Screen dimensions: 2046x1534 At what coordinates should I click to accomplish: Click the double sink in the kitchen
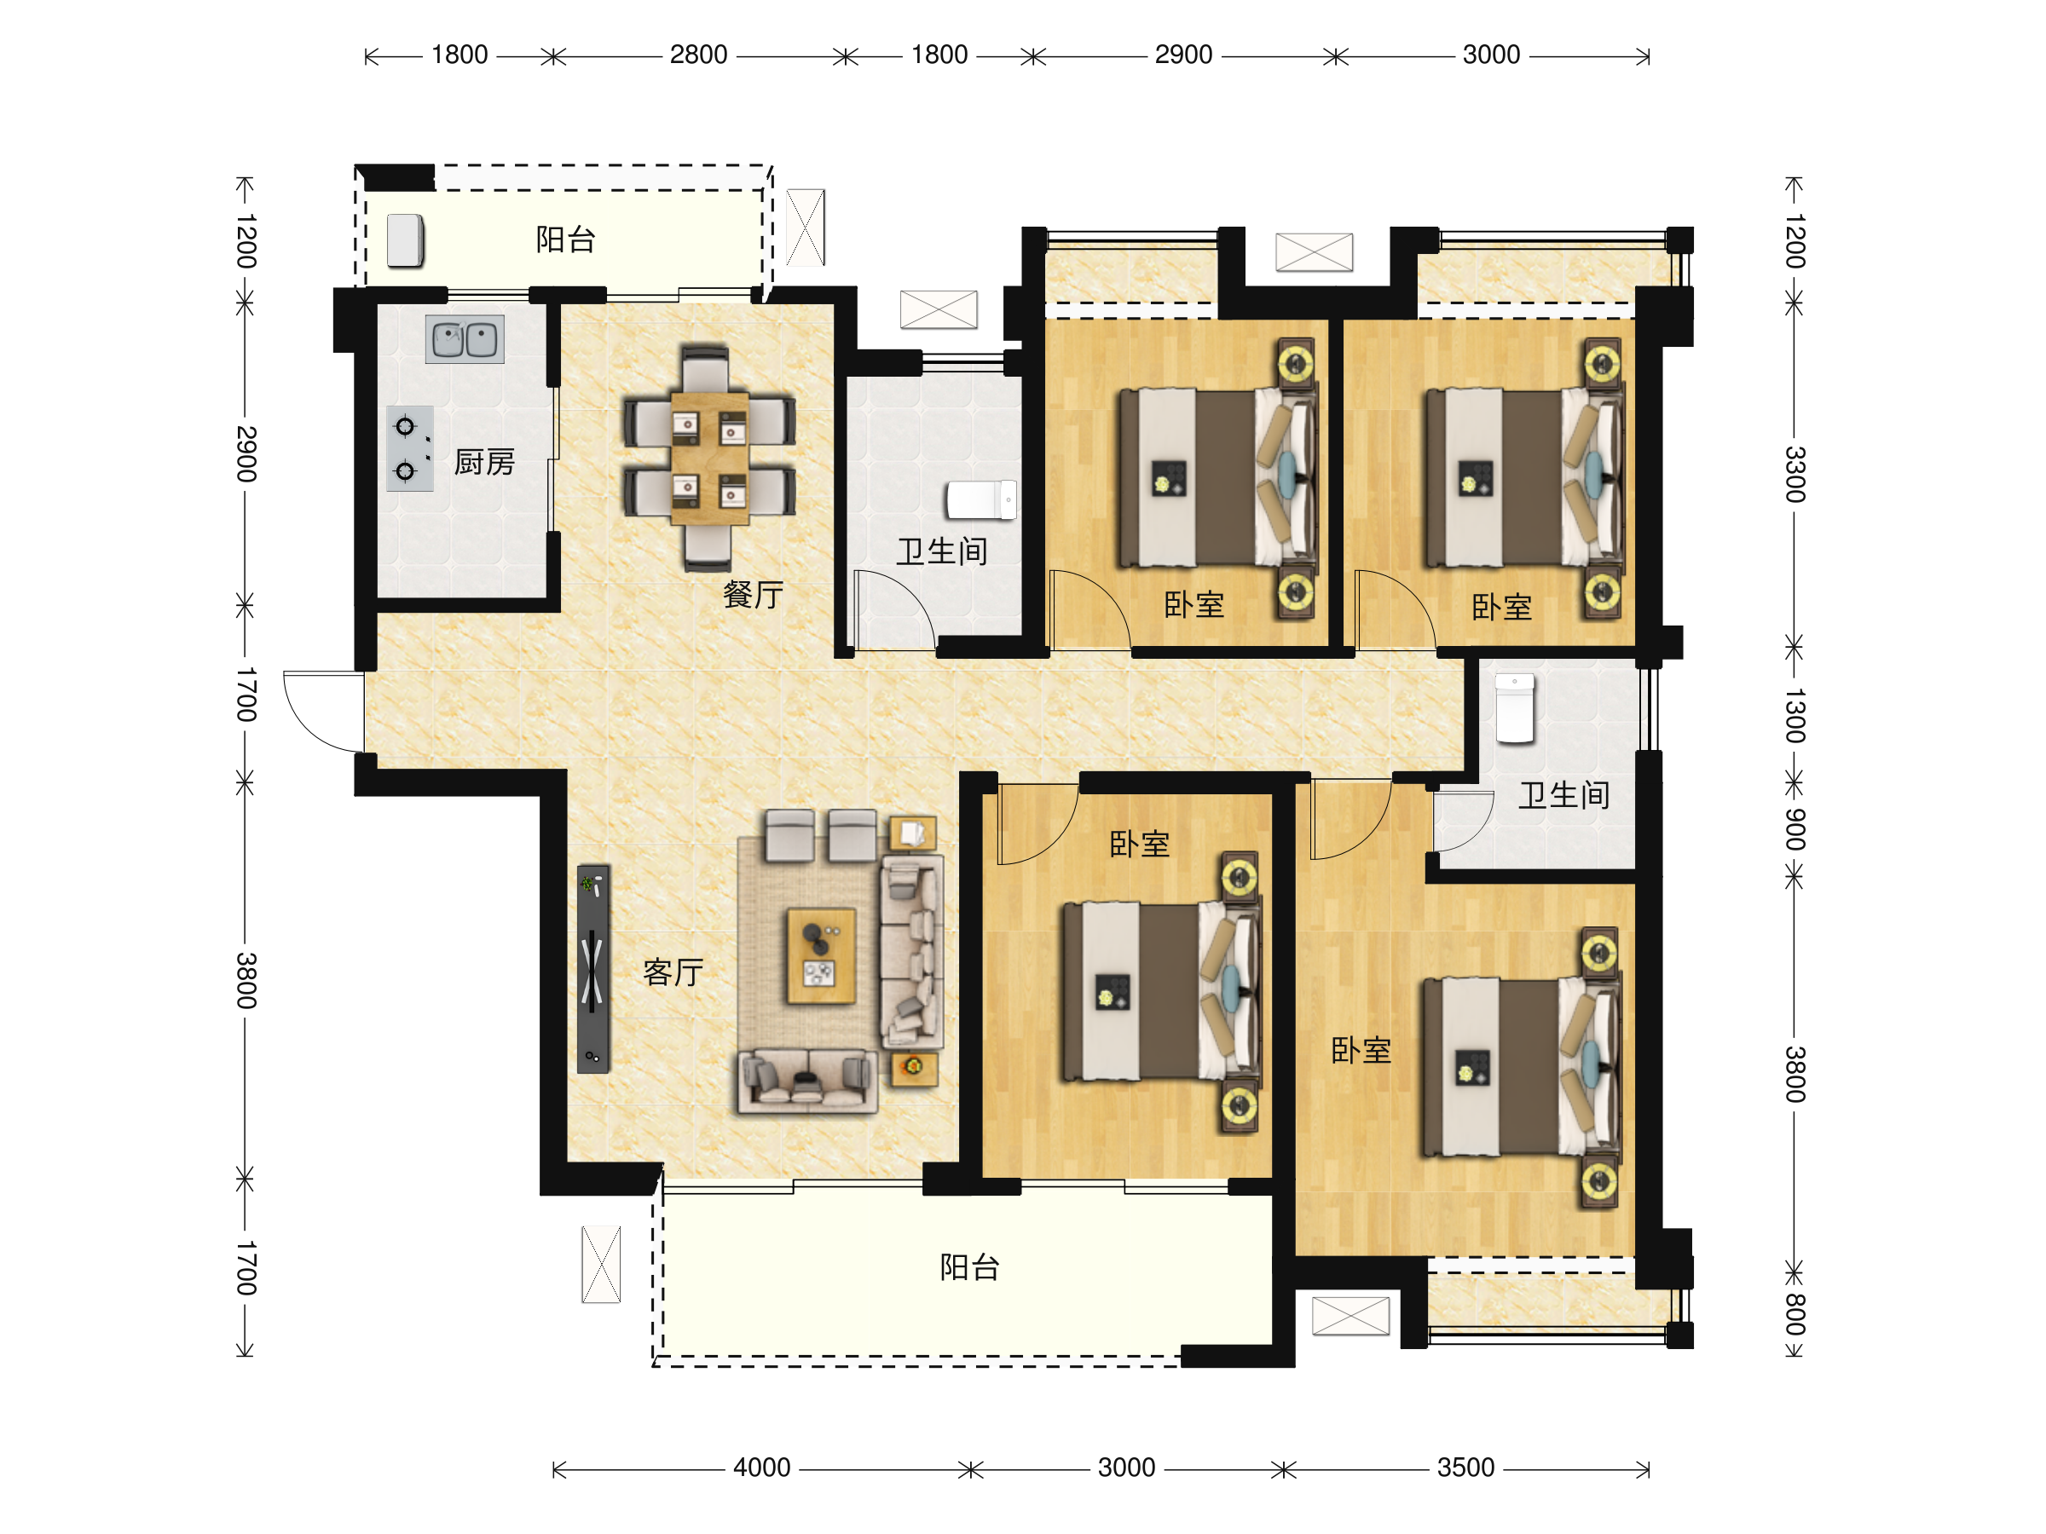coord(465,339)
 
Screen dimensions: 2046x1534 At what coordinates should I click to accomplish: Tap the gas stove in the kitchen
coord(410,448)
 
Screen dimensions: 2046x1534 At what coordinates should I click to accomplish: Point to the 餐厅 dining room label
coord(753,595)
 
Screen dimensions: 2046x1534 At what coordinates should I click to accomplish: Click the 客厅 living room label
coord(673,972)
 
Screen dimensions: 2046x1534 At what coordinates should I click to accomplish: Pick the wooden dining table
coord(709,458)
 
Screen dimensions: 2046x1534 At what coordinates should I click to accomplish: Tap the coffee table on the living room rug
coord(820,956)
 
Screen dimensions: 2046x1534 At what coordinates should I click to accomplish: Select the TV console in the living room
coord(592,969)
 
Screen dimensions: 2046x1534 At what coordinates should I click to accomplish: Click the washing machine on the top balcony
coord(405,241)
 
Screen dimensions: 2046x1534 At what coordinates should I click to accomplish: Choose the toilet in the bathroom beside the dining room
coord(981,500)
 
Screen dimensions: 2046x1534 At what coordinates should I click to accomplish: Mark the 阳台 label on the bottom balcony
coord(969,1266)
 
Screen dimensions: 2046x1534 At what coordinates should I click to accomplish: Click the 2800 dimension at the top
coord(698,55)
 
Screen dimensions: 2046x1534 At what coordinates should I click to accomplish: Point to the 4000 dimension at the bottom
coord(761,1468)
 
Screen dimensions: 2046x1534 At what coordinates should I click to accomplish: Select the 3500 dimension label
coord(1465,1468)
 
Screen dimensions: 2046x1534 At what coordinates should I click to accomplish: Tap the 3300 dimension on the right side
coord(1795,475)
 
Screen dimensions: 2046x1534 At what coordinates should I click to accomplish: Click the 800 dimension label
coord(1795,1314)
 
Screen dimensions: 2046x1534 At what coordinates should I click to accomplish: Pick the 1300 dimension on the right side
coord(1795,716)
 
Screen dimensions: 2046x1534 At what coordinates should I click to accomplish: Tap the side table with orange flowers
coord(914,1068)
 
